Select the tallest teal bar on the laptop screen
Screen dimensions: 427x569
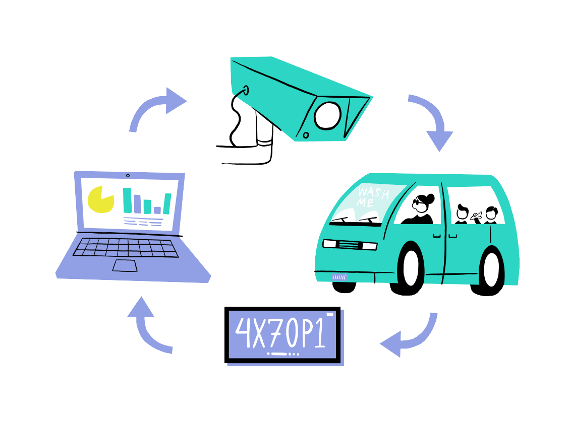coord(127,200)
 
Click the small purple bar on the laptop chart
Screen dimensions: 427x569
coord(157,210)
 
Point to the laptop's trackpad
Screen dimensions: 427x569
coord(126,266)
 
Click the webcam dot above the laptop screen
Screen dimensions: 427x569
coord(128,175)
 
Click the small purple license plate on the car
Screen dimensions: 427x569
coord(339,277)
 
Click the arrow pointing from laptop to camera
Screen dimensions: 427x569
coord(154,107)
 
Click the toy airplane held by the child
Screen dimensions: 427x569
coord(476,216)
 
